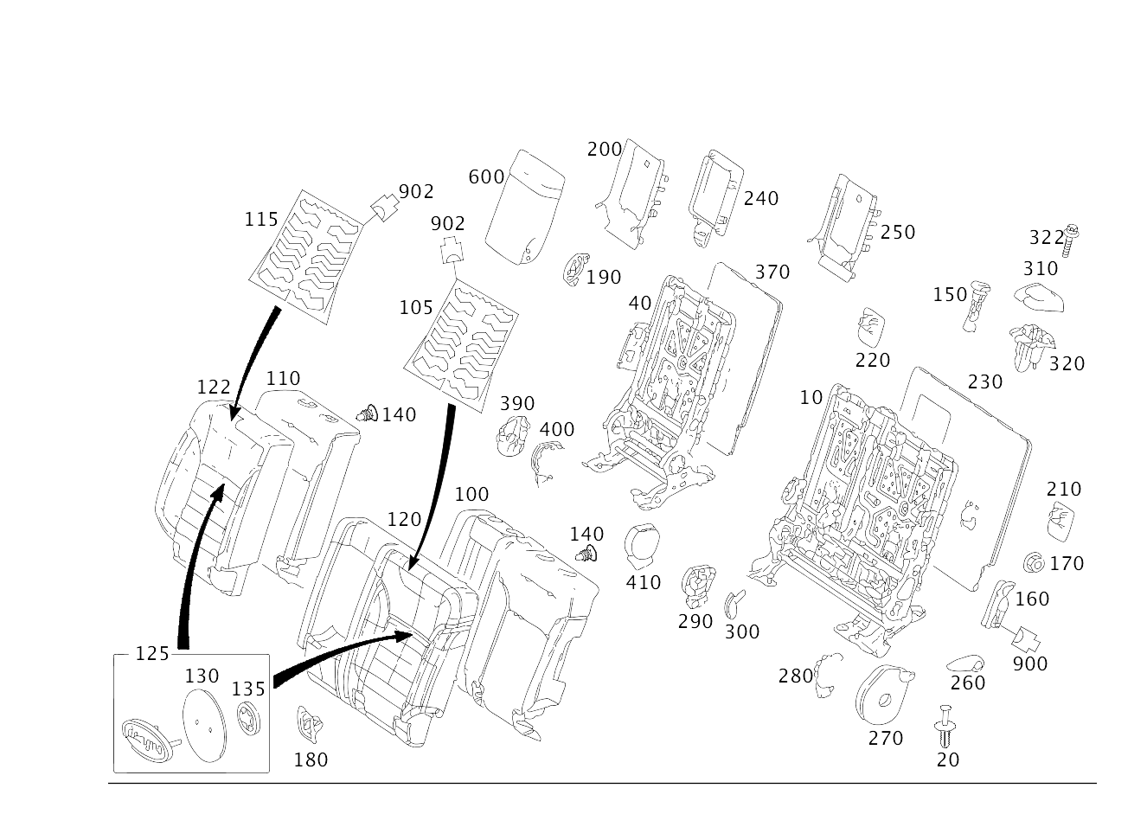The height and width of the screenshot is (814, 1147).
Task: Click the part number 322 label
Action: (1047, 238)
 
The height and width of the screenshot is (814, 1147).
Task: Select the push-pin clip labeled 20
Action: (945, 726)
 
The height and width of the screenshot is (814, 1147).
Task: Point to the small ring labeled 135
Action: (249, 718)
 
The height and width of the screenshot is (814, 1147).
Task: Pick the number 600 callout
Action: (486, 177)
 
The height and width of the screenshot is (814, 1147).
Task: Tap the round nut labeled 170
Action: (1034, 563)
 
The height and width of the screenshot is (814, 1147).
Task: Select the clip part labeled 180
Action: (310, 724)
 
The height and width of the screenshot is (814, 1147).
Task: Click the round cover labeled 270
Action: (883, 695)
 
